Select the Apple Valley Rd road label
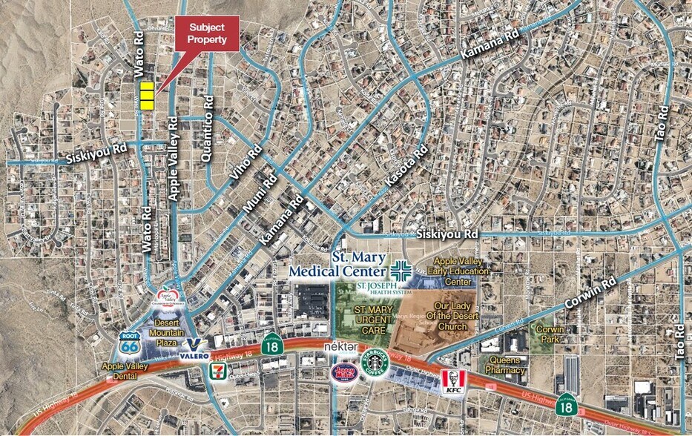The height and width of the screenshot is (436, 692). [x=173, y=159]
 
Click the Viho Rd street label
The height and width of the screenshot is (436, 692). [x=246, y=163]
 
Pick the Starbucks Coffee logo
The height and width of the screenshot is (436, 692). [x=375, y=363]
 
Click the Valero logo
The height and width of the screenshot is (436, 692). [x=194, y=348]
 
